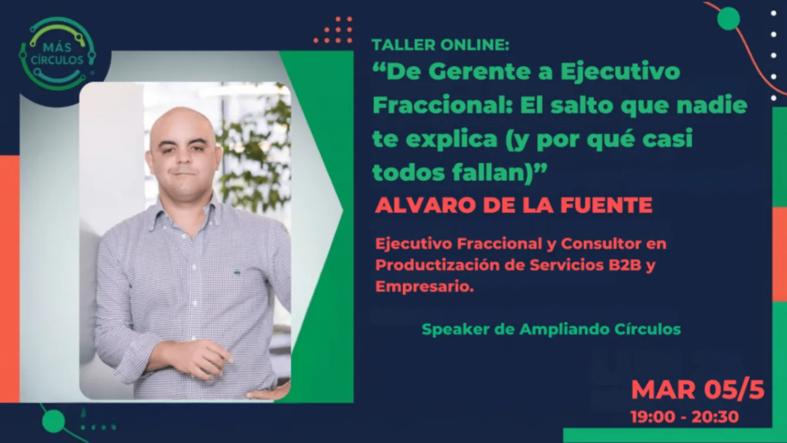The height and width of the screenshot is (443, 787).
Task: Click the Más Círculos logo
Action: (58, 54)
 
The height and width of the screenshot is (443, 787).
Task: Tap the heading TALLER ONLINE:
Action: (440, 45)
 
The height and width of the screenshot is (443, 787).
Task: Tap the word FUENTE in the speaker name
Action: (606, 205)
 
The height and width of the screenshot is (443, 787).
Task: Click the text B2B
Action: (625, 265)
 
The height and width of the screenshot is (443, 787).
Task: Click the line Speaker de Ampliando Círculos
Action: (551, 329)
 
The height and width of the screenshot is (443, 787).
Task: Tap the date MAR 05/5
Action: (698, 389)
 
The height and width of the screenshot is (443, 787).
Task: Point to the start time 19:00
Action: (653, 417)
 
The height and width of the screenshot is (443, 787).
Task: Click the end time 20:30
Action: (716, 417)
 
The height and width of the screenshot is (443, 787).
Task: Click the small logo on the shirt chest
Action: (237, 272)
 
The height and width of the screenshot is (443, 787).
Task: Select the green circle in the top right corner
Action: (728, 18)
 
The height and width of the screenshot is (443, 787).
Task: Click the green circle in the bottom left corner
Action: (54, 421)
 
